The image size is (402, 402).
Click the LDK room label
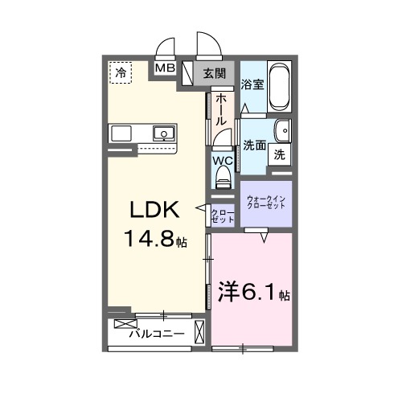coord(154,209)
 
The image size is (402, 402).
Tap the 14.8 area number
coord(150,239)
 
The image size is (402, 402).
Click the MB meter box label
coord(166,68)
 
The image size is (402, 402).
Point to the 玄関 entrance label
coord(215,73)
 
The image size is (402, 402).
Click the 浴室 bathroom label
coord(252,84)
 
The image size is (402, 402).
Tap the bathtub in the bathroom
coord(279,87)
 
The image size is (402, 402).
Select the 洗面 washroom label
coord(255,146)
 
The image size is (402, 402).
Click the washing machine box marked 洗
coord(280,154)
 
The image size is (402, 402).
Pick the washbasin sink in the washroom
coord(283,131)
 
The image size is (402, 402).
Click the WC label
coord(223,161)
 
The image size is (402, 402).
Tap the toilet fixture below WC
coord(223,177)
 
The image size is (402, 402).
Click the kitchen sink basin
coord(164,133)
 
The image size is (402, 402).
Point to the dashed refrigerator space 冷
coord(121,72)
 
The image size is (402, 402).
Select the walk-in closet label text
coord(266,203)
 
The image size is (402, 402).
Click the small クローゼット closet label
coord(223,216)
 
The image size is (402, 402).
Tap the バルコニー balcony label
coord(157,334)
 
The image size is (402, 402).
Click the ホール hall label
coord(221,109)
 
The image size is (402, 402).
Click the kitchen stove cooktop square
coord(121,133)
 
